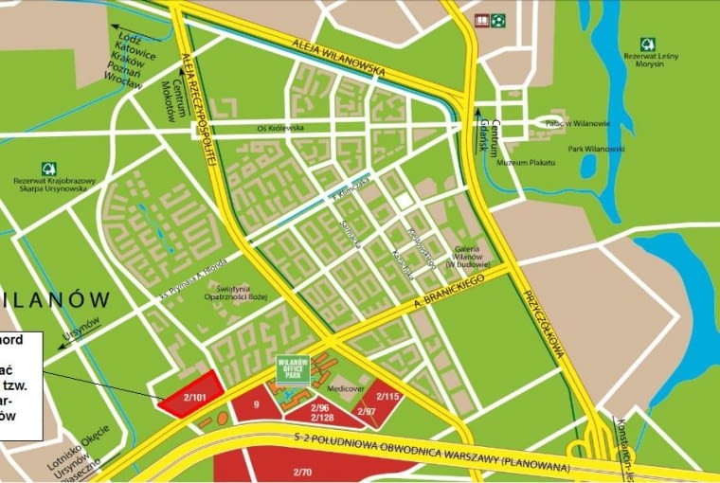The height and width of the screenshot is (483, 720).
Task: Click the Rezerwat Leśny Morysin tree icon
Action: [x=647, y=44]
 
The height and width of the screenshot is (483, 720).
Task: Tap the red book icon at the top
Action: [x=482, y=20]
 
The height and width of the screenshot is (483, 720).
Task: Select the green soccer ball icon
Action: [x=498, y=20]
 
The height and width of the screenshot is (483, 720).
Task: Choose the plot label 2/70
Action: [x=302, y=471]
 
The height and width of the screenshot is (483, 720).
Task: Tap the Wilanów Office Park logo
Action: [x=294, y=368]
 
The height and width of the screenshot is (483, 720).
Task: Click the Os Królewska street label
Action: [x=280, y=126]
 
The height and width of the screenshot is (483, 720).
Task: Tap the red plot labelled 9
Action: [x=257, y=404]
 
